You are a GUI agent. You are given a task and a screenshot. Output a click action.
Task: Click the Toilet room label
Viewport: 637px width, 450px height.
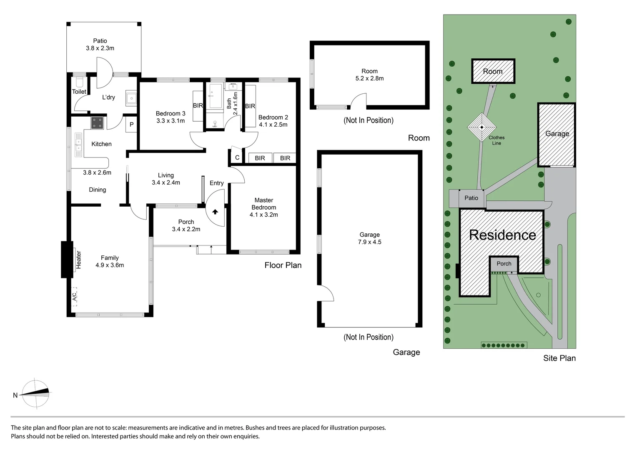pos(79,92)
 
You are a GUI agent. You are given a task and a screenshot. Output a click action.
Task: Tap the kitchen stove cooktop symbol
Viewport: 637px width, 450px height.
pos(98,123)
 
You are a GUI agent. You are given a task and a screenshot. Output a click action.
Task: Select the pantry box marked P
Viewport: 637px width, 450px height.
pos(131,125)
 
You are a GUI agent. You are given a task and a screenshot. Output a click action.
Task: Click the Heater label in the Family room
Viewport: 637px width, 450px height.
pos(78,259)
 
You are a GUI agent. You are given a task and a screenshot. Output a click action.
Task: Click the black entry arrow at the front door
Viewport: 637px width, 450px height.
pos(215,212)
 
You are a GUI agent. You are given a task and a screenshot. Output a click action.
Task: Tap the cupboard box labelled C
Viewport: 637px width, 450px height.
pos(237,157)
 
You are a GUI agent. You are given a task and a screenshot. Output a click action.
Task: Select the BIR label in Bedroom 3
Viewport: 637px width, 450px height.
pos(198,105)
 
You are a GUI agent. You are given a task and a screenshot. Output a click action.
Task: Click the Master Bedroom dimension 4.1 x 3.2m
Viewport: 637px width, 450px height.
pos(263,215)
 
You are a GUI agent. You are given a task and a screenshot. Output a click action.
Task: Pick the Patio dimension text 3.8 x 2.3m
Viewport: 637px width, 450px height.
pos(100,48)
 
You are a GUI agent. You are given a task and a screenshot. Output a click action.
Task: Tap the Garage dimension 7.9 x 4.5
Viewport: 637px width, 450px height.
pos(369,242)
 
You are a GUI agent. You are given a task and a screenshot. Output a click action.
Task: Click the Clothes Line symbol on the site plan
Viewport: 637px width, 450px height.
pos(482,127)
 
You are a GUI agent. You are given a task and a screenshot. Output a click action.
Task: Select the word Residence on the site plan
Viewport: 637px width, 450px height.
pos(502,235)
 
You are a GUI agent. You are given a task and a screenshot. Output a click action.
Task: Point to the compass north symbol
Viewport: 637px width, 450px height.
pos(35,392)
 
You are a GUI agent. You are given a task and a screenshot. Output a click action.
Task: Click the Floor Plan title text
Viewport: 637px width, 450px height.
pos(283,265)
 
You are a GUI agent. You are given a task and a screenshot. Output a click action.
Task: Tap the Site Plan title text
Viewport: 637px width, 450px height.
pos(559,358)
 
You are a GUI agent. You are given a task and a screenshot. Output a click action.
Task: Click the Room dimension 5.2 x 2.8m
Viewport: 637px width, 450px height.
pos(369,78)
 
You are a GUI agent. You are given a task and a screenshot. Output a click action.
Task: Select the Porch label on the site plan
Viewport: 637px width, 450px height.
pos(504,263)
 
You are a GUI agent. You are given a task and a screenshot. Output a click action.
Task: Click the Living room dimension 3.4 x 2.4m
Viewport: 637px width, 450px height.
pos(166,182)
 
